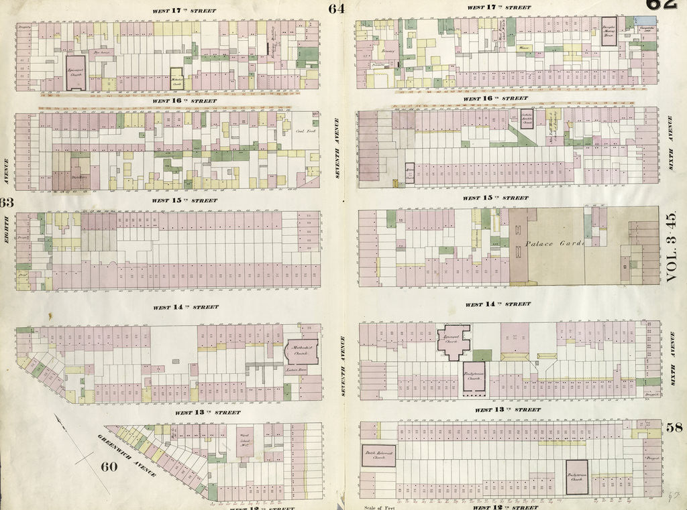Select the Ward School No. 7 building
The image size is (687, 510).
[x=244, y=442]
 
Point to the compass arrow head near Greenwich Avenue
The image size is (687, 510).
[x=62, y=419]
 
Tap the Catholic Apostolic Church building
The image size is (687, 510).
[x=527, y=118]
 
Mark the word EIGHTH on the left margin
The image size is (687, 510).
[x=7, y=231]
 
